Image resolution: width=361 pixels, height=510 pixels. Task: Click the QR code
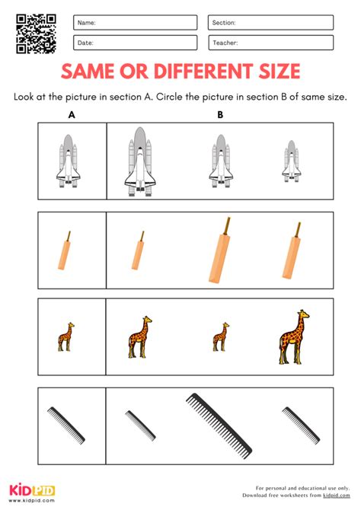[x=36, y=33]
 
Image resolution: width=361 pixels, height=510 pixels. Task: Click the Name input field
[x=135, y=22]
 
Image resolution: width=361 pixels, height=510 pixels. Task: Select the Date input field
[x=135, y=43]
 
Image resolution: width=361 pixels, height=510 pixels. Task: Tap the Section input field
[x=270, y=22]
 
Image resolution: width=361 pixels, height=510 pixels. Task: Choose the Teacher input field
[x=270, y=43]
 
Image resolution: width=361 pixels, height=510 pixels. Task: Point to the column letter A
[x=72, y=115]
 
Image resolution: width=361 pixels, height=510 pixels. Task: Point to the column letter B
[x=220, y=115]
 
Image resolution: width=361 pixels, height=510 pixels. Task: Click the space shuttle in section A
[x=68, y=161]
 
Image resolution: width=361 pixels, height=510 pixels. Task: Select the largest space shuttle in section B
[x=140, y=161]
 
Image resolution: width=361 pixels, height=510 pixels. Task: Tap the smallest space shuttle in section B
[x=292, y=161]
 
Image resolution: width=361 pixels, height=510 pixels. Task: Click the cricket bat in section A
[x=64, y=250]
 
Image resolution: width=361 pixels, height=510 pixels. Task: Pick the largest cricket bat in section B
[x=219, y=250]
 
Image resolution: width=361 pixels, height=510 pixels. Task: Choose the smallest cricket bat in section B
[x=138, y=250]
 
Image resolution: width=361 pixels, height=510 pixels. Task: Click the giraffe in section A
[x=65, y=337]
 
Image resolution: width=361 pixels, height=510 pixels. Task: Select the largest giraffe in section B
[x=294, y=337]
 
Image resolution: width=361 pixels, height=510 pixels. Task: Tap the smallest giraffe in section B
[x=220, y=337]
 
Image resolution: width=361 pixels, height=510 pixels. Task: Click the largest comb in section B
[x=219, y=426]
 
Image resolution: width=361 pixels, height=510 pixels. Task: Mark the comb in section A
[x=66, y=425]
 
